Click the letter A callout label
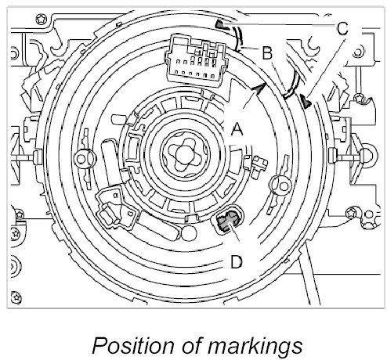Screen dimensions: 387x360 coord(237,129)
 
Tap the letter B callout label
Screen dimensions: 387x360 coord(267,52)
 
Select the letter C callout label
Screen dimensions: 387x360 coord(342,28)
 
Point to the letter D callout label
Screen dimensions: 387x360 coord(237,261)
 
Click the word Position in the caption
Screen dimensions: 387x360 coord(133,345)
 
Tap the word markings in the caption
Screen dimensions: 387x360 coord(255,346)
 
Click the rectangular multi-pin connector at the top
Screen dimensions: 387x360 coord(197,61)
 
